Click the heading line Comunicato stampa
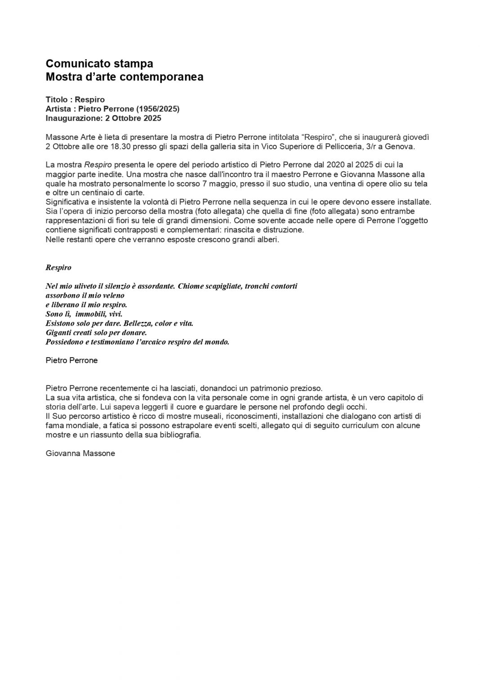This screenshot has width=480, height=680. coord(99,63)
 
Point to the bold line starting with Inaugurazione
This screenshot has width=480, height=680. coord(103,118)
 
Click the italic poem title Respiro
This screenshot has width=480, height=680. coord(58,268)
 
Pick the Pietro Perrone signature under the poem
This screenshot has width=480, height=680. coord(71,360)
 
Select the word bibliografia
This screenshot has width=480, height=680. coord(176,435)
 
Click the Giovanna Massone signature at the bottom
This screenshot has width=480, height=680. coord(80,453)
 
